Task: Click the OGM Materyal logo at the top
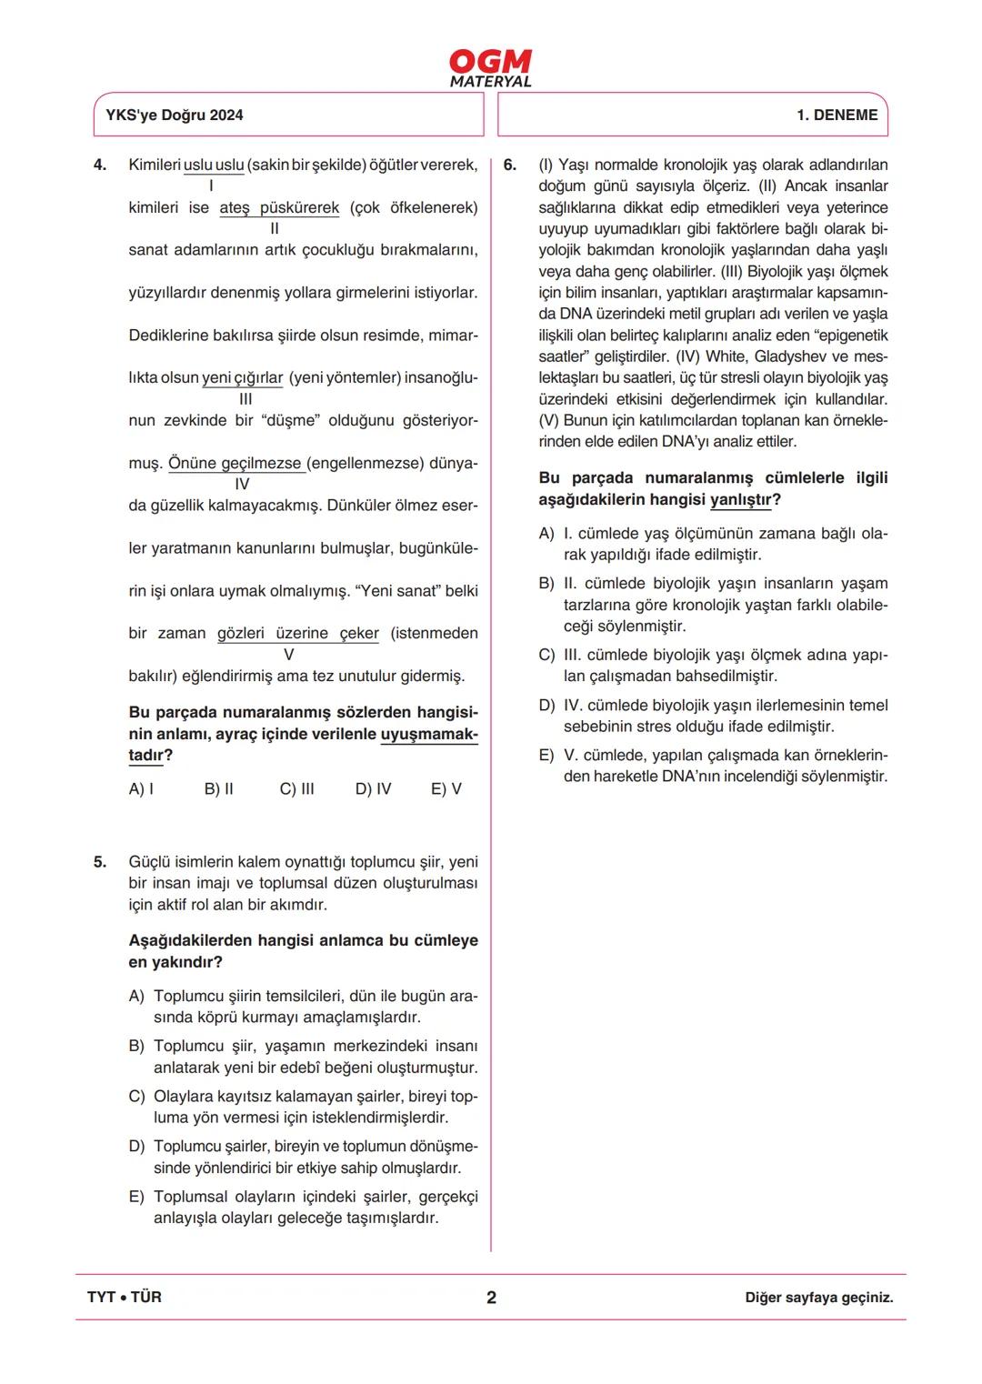(490, 68)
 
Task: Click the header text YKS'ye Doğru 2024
(175, 115)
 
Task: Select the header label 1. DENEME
(837, 115)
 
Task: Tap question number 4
(100, 165)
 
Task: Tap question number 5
(100, 861)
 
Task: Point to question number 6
(510, 165)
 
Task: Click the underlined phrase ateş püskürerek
(279, 207)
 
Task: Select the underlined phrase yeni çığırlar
(243, 377)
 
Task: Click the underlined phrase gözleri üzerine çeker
(297, 633)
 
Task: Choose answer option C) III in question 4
(296, 788)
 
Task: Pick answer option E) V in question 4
(446, 788)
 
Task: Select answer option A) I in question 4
(141, 788)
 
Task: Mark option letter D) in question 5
(136, 1146)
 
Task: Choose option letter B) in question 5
(136, 1046)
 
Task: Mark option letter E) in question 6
(546, 755)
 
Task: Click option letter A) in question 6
(546, 533)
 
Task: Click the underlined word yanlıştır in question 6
(740, 499)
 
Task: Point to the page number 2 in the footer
(491, 1298)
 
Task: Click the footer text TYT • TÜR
(125, 1297)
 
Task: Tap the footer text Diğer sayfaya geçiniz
(818, 1298)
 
